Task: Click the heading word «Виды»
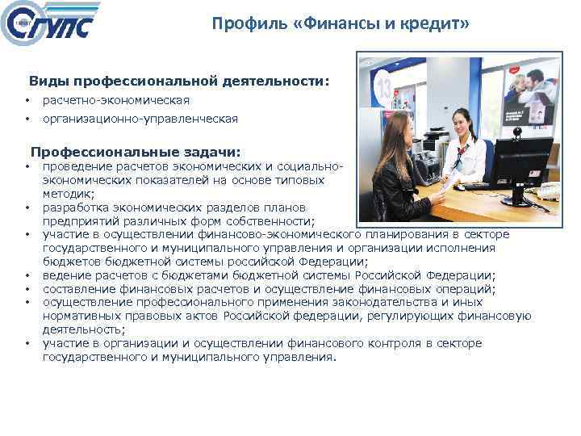pyautogui.click(x=48, y=82)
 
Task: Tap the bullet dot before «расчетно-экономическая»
pyautogui.click(x=27, y=101)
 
